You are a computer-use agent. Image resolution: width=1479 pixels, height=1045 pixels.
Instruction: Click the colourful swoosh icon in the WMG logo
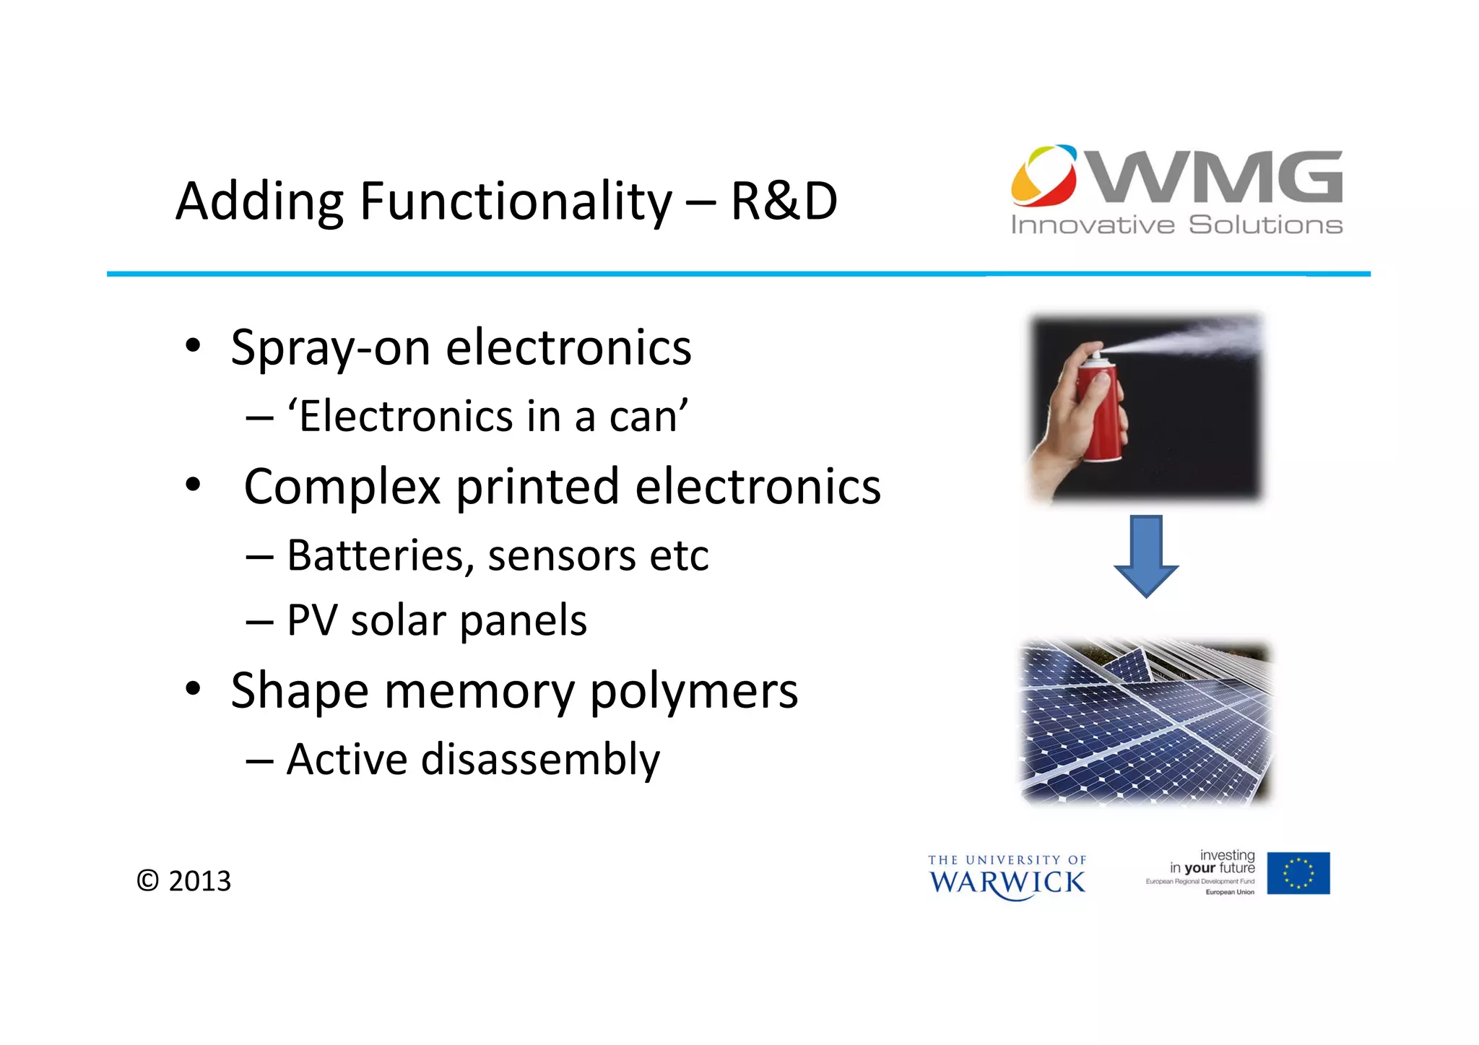click(1043, 175)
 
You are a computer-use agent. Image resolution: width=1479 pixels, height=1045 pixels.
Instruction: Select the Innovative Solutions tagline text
click(1176, 225)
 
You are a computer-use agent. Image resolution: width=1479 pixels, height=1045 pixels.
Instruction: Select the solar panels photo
click(1145, 722)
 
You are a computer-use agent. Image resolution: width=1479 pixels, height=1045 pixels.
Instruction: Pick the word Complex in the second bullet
click(342, 486)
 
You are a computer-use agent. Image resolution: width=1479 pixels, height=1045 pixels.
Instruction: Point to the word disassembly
click(540, 760)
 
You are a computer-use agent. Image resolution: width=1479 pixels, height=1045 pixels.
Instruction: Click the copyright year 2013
click(199, 881)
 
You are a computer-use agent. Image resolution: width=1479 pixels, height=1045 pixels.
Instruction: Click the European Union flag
click(1298, 873)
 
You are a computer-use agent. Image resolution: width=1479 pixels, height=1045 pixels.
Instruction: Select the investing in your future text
click(1213, 862)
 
